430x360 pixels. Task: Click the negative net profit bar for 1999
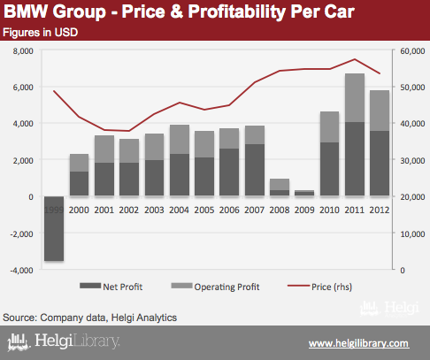54,228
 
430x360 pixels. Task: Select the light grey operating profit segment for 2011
355,98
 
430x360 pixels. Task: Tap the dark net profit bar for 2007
255,170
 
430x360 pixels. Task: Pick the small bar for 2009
304,193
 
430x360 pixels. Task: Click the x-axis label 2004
179,210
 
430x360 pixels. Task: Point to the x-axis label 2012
380,210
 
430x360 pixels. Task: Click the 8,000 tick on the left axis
23,51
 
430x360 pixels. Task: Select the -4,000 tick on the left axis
21,270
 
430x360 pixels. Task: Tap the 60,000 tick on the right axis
412,51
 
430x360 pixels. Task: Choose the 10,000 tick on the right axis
412,234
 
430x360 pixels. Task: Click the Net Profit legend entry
111,287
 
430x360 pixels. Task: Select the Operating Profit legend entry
215,287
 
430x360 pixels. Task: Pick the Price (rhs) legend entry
319,287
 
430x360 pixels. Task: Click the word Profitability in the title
237,11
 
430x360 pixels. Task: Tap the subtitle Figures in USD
41,33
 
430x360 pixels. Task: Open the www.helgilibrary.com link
358,343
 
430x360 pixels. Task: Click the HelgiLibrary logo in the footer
64,341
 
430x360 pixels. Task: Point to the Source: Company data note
89,318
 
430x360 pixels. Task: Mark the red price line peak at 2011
355,59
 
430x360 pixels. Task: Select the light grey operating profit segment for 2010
330,127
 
